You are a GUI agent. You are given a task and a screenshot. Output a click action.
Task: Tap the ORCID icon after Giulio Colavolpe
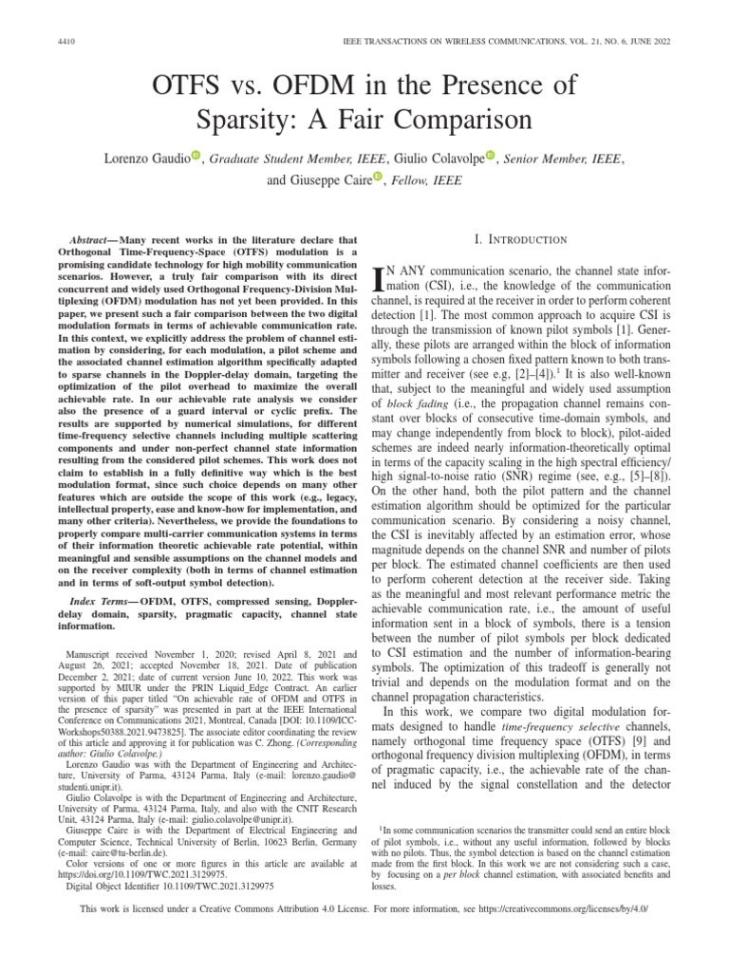coord(491,155)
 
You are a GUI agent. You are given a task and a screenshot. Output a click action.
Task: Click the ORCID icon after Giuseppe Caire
coord(377,177)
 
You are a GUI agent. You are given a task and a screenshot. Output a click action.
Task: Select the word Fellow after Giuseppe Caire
coord(415,178)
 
